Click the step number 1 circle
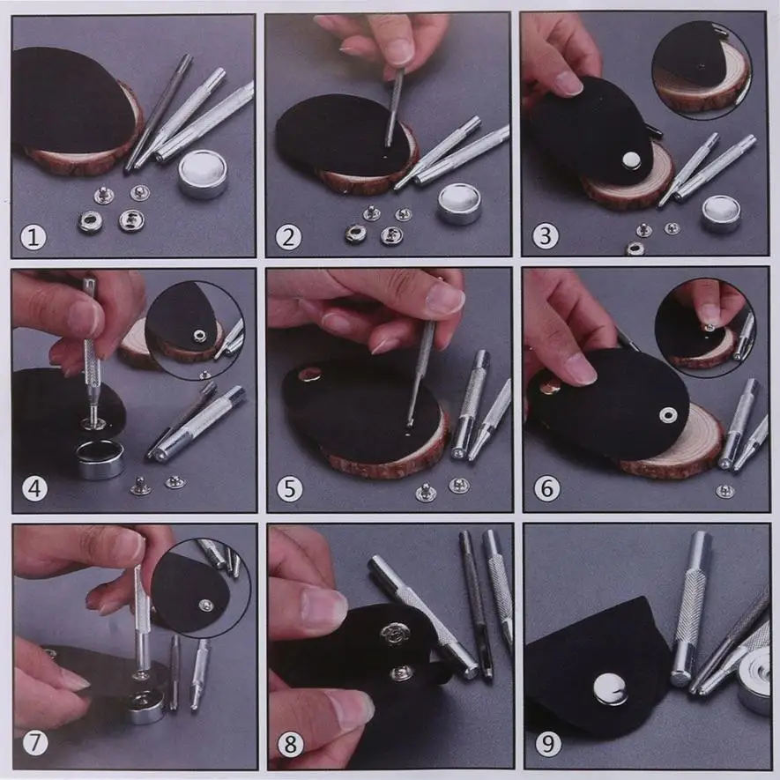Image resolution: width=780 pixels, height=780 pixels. [x=33, y=237]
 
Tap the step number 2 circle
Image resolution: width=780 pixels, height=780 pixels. [x=288, y=237]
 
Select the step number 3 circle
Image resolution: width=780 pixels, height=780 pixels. [x=546, y=236]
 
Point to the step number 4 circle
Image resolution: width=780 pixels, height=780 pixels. [x=35, y=489]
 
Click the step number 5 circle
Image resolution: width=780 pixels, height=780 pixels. [x=289, y=489]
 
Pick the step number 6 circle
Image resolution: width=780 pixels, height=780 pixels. [x=547, y=488]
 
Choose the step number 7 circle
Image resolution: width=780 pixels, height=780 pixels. [x=36, y=743]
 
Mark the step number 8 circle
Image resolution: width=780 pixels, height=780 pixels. [x=291, y=744]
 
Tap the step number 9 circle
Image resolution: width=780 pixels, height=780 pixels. [x=548, y=744]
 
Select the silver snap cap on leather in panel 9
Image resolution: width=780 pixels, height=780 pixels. [x=611, y=689]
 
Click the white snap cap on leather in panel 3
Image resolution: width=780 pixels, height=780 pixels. [x=632, y=160]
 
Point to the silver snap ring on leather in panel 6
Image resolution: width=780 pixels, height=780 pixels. [x=668, y=415]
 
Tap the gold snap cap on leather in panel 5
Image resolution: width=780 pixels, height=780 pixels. [x=309, y=374]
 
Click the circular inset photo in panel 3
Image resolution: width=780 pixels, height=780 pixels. [x=702, y=70]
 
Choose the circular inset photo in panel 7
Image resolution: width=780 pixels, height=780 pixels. [x=201, y=594]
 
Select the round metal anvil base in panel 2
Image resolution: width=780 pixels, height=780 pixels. [x=459, y=204]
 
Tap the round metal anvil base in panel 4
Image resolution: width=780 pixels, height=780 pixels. [x=100, y=458]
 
